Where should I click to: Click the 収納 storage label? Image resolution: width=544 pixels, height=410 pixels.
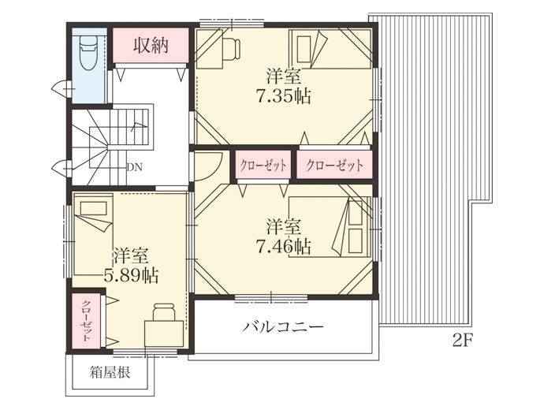click(151, 45)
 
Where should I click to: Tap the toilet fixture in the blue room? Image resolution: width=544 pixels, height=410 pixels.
click(88, 54)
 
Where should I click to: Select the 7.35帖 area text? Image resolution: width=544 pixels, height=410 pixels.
click(283, 96)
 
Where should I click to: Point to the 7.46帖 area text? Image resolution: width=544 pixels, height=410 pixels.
click(283, 247)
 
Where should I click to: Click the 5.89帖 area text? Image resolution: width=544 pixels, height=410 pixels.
click(132, 276)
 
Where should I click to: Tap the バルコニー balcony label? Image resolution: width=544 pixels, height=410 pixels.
click(283, 326)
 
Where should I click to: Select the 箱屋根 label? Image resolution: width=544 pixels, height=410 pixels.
click(110, 372)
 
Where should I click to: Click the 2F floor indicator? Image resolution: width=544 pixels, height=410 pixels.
click(463, 341)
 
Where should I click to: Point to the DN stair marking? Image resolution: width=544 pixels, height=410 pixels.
click(135, 167)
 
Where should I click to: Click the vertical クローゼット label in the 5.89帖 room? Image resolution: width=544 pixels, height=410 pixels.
click(86, 321)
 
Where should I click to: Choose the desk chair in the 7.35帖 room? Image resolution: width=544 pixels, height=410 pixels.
click(231, 48)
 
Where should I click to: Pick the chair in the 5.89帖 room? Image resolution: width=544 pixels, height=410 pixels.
click(165, 311)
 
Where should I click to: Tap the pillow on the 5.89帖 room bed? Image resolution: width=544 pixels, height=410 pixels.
click(93, 208)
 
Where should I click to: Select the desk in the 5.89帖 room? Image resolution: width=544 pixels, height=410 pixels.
click(164, 334)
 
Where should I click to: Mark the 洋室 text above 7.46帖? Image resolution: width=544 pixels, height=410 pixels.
click(284, 227)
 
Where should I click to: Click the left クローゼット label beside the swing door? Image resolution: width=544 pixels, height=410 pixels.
click(263, 166)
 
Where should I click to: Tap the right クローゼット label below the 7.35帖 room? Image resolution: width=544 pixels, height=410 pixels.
click(334, 166)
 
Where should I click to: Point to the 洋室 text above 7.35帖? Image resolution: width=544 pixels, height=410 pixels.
click(284, 76)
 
